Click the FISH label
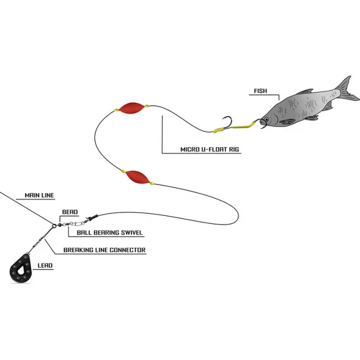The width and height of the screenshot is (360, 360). [x=261, y=91]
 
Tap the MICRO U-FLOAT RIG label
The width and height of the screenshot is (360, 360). [x=210, y=149]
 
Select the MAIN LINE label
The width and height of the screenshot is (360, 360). [x=39, y=195]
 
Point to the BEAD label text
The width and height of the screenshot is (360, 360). [x=70, y=212]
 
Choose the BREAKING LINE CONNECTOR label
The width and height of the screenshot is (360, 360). [x=105, y=250]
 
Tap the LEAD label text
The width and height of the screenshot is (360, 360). [x=45, y=267]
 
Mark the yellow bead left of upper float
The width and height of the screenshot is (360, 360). [x=116, y=110]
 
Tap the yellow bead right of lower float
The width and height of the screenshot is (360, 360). [x=152, y=183]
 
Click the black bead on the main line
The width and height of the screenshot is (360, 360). [x=57, y=223]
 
